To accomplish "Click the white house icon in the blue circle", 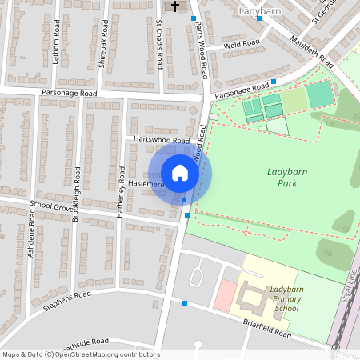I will coord(180,173).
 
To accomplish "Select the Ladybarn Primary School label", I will coord(286,298).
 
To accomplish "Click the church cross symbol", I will coord(175,6).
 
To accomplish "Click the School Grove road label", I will coord(51,204).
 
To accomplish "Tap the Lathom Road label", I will coord(56,42).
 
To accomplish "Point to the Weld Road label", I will coord(242,44).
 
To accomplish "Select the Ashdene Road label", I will coord(33,239).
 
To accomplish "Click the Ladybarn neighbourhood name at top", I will coord(261,12).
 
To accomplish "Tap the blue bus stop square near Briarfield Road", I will coord(186,303).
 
